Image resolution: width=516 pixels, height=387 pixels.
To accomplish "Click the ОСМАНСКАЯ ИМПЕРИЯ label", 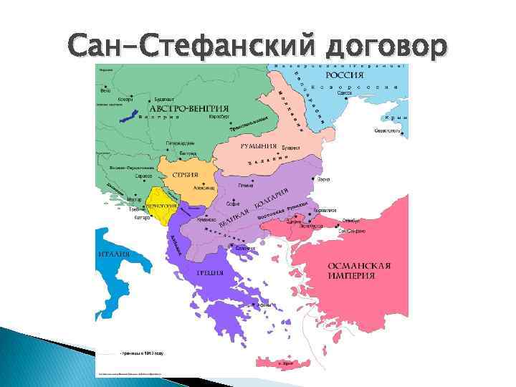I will (x=359, y=271).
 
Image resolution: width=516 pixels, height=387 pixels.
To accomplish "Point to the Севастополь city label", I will (x=388, y=132).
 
